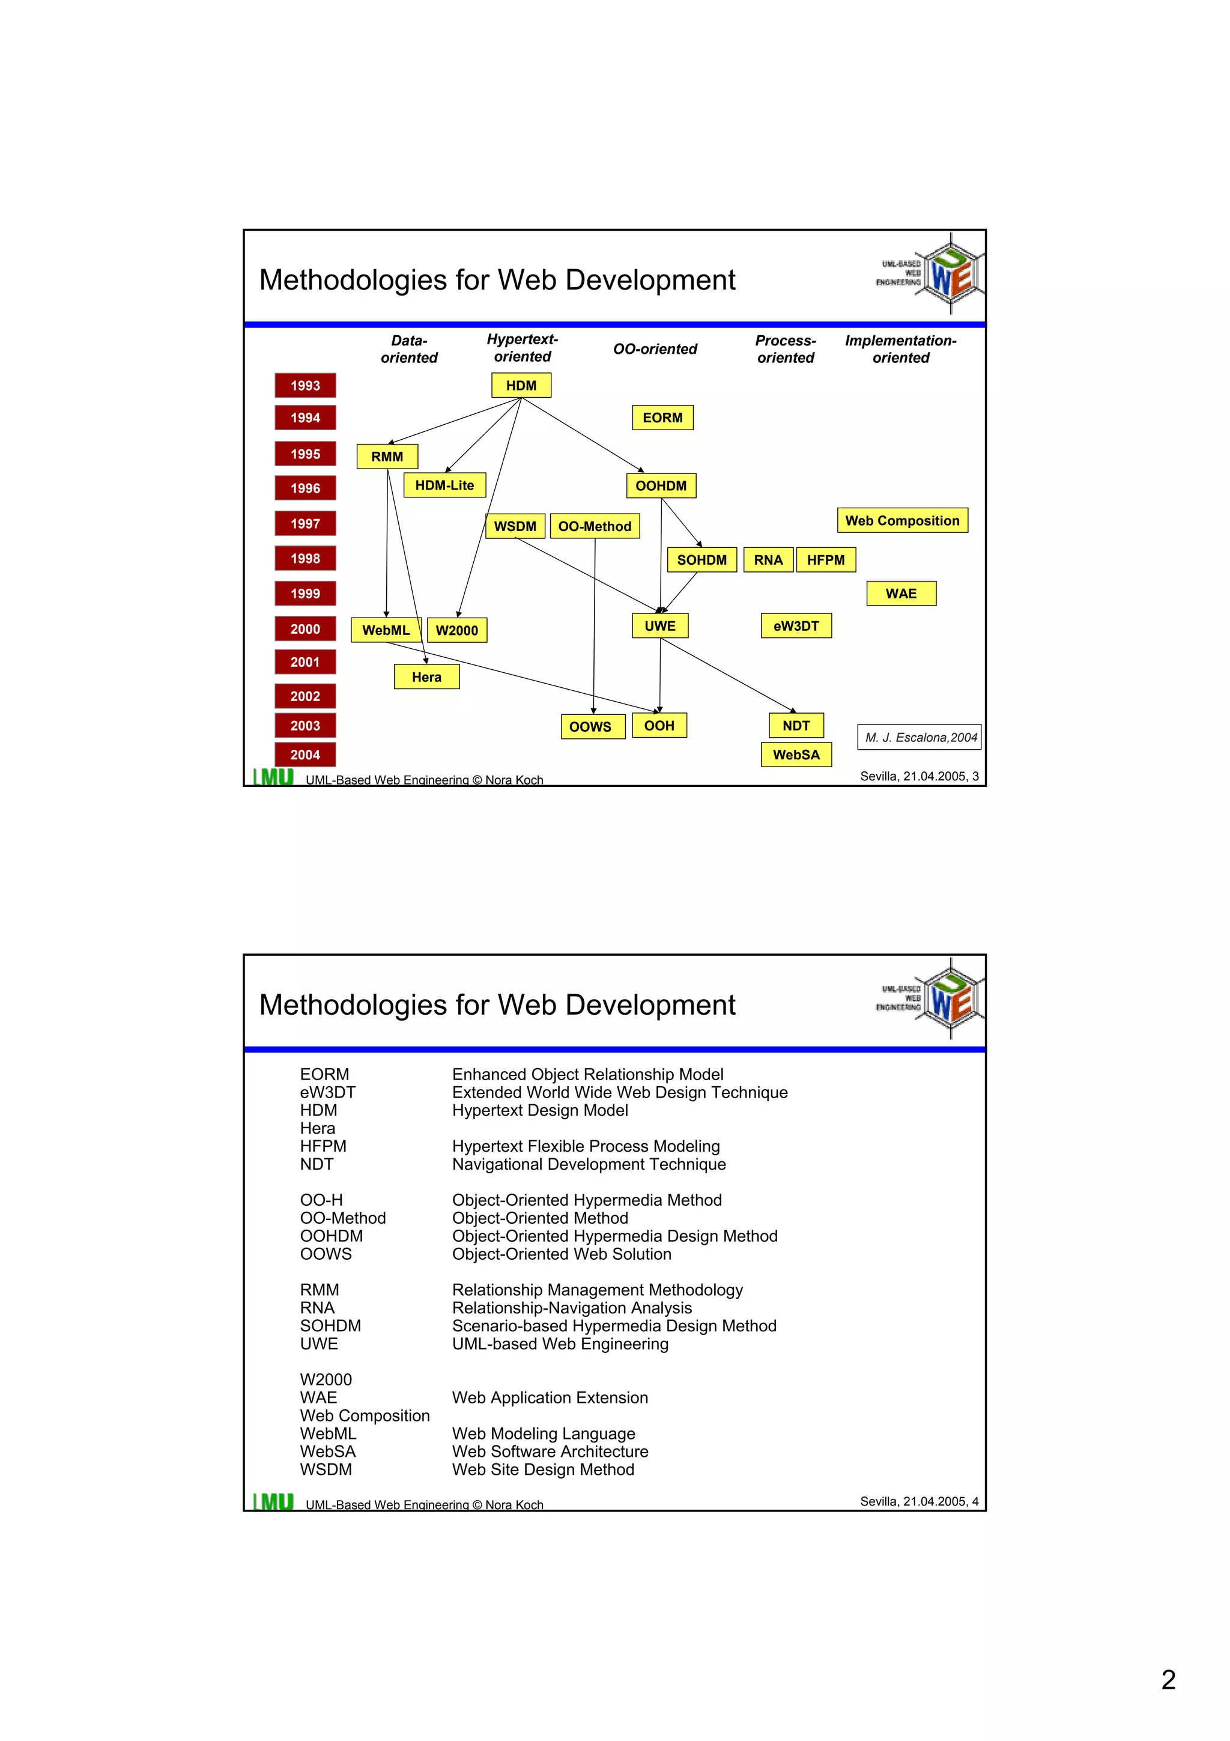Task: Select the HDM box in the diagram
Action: point(521,385)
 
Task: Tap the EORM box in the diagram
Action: point(662,418)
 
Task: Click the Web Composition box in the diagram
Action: point(902,520)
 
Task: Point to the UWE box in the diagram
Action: point(659,625)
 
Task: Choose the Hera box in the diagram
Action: point(426,677)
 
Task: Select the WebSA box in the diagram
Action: point(796,755)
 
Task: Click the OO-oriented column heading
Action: point(655,349)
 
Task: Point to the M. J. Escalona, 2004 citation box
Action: point(919,737)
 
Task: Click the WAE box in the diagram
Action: point(900,594)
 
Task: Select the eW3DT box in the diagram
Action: point(796,625)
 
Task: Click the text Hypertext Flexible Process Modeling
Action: point(586,1146)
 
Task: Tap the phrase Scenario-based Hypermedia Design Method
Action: point(614,1325)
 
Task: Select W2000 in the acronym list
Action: point(326,1379)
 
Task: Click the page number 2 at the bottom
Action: point(1168,1680)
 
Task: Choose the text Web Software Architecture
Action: point(550,1451)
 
